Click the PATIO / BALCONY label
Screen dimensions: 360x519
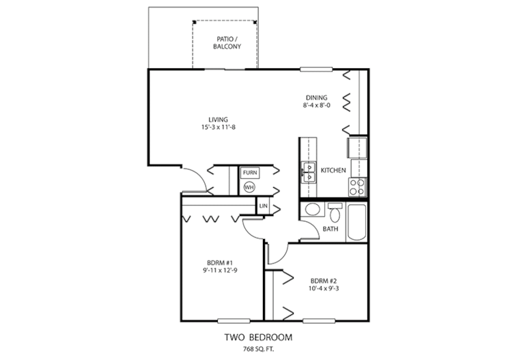pyautogui.click(x=225, y=42)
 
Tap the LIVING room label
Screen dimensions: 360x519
pyautogui.click(x=219, y=120)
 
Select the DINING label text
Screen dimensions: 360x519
pyautogui.click(x=317, y=97)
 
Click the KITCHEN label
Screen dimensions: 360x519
pyautogui.click(x=333, y=170)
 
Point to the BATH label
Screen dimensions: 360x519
pyautogui.click(x=331, y=229)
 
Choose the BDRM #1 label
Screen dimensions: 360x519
pyautogui.click(x=221, y=263)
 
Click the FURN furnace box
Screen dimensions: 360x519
pyautogui.click(x=249, y=173)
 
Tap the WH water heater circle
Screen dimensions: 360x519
pyautogui.click(x=249, y=187)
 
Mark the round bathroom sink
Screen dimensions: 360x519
pyautogui.click(x=311, y=210)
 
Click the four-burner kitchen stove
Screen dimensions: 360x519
pyautogui.click(x=357, y=186)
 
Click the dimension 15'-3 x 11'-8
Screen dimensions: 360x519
pyautogui.click(x=219, y=128)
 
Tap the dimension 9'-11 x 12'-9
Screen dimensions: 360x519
pyautogui.click(x=221, y=271)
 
